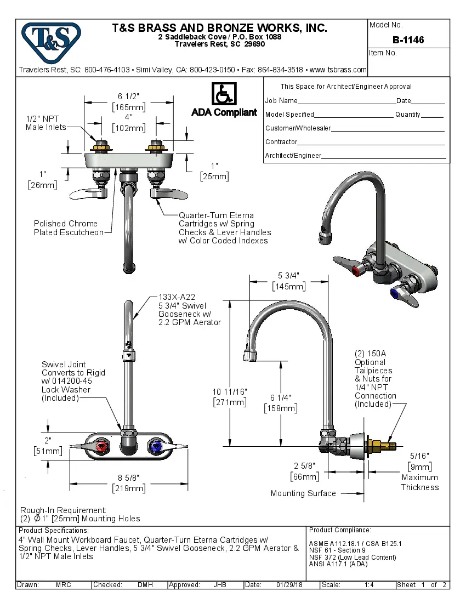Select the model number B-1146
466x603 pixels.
408,40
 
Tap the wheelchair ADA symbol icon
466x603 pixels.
224,94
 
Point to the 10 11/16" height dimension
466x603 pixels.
230,391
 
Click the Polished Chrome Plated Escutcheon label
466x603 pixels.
69,228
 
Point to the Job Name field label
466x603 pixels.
281,101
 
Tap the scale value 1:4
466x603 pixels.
369,585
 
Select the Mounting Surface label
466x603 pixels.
303,493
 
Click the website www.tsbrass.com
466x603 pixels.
338,70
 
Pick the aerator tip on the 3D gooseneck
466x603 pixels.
324,236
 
